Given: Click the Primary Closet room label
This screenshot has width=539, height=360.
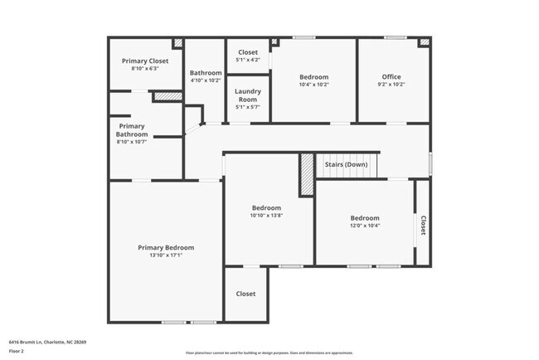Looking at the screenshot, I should coord(145,61).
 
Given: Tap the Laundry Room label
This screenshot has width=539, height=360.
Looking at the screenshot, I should coord(248,95).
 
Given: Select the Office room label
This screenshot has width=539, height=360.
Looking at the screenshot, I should coord(391,77).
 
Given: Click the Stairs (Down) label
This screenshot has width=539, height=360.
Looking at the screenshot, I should coord(345,164).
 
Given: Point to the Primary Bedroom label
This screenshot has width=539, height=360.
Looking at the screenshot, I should coord(166,247).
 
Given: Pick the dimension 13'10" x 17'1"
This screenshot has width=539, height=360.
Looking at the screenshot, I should coord(166,255).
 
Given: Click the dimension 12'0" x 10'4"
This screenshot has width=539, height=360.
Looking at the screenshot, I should coord(365,226).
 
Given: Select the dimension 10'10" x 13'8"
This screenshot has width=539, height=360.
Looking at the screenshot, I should coord(266,216).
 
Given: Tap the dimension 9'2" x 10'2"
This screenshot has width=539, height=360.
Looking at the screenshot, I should coord(391,85).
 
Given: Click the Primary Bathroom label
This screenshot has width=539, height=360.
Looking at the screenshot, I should coord(132,130).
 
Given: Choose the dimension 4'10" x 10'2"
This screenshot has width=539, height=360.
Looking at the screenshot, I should coord(205,80).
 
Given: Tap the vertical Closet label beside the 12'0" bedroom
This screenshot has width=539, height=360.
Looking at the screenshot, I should coord(423,226).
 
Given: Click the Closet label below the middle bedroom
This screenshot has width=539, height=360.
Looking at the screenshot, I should coord(245,294).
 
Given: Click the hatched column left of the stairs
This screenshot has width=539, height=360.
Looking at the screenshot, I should coord(306,174).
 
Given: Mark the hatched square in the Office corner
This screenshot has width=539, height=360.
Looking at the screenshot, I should coord(425,42).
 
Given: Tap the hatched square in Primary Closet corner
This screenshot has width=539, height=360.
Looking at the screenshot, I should coord(177,42).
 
